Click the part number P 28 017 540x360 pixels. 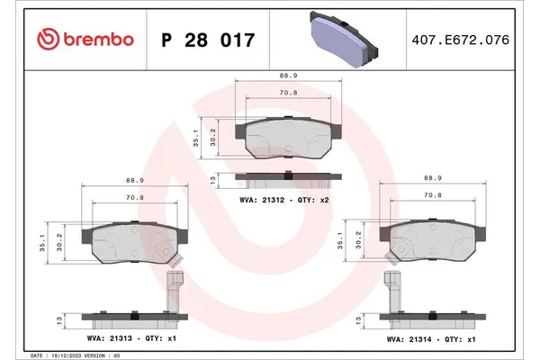click(x=207, y=40)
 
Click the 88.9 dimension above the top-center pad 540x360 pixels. click(x=288, y=77)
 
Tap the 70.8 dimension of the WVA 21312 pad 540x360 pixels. click(x=288, y=92)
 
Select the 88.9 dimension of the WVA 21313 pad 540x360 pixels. click(x=135, y=179)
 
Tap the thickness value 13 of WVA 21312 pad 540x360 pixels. click(x=212, y=180)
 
